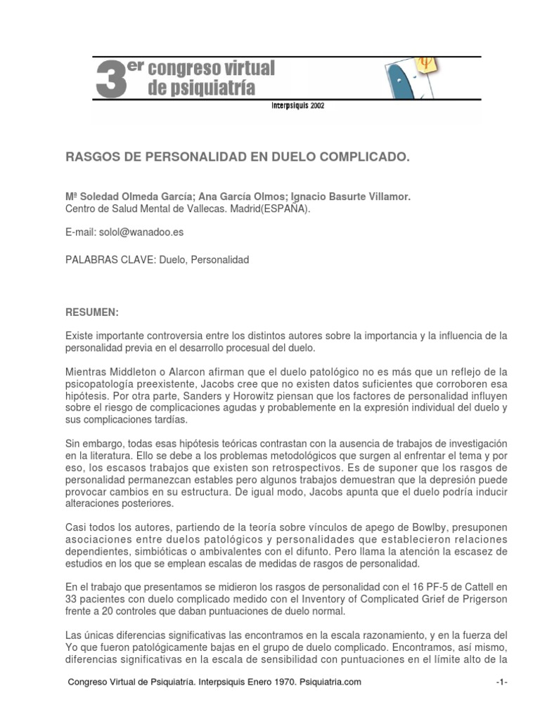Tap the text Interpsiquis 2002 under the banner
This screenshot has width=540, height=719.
click(297, 107)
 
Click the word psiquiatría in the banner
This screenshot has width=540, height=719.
click(202, 88)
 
